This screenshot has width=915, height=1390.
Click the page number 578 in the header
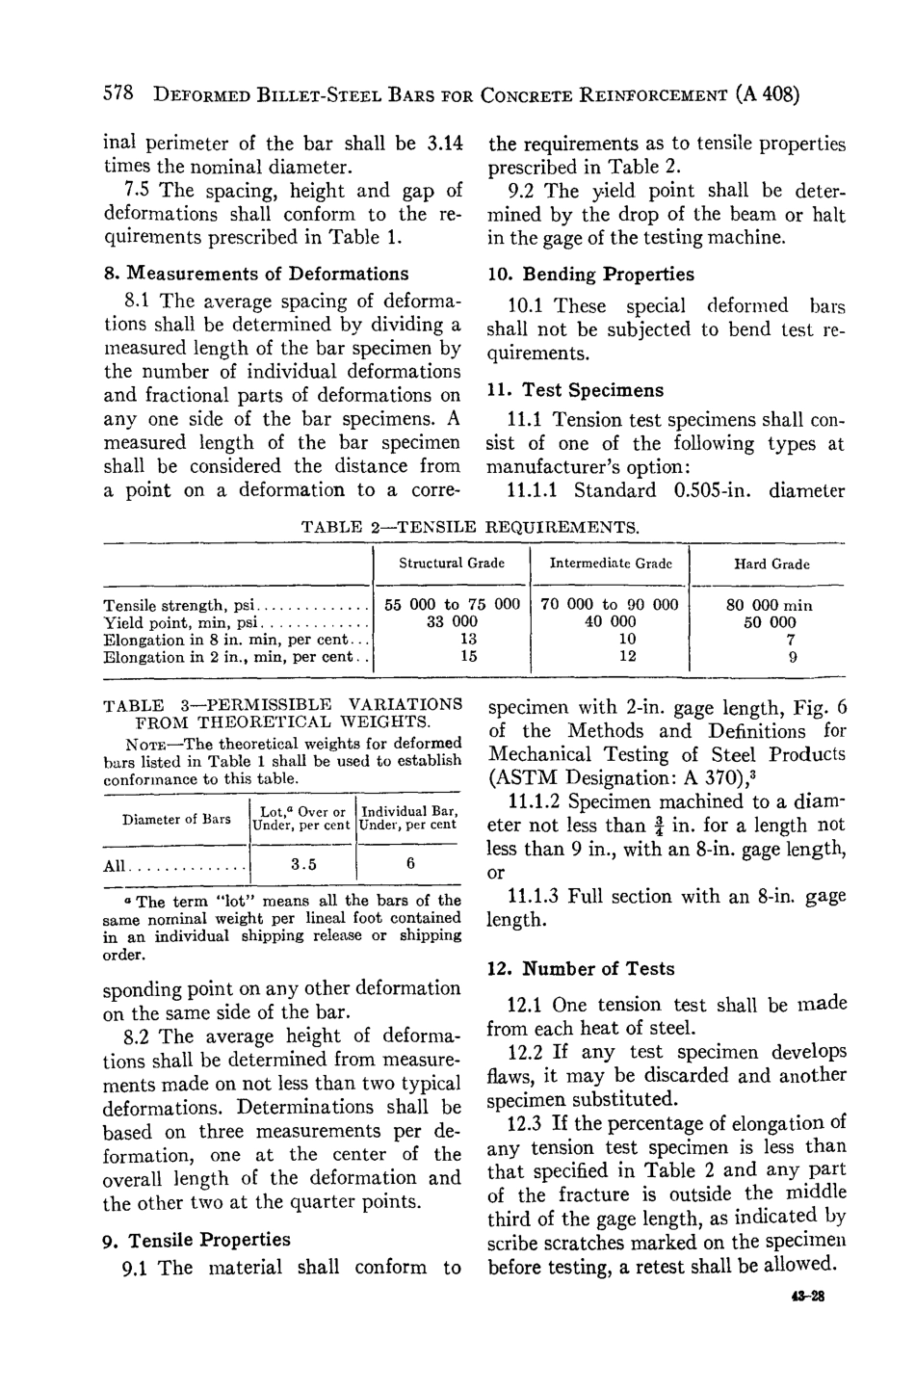118,96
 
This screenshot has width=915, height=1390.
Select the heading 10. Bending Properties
590,275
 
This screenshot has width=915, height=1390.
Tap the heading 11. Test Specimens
575,390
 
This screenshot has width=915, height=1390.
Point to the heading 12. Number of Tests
581,969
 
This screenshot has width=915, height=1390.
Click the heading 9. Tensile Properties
196,1240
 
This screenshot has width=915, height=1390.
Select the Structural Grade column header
452,564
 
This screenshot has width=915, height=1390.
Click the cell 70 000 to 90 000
610,605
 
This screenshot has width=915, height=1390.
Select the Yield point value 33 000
452,622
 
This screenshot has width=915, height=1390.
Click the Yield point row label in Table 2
175,623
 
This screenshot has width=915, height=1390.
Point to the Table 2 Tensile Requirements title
471,527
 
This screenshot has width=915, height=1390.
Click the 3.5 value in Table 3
304,864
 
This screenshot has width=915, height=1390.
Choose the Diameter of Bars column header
176,820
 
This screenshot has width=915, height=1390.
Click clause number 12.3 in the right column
526,1124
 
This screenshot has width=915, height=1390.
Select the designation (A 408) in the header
767,96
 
